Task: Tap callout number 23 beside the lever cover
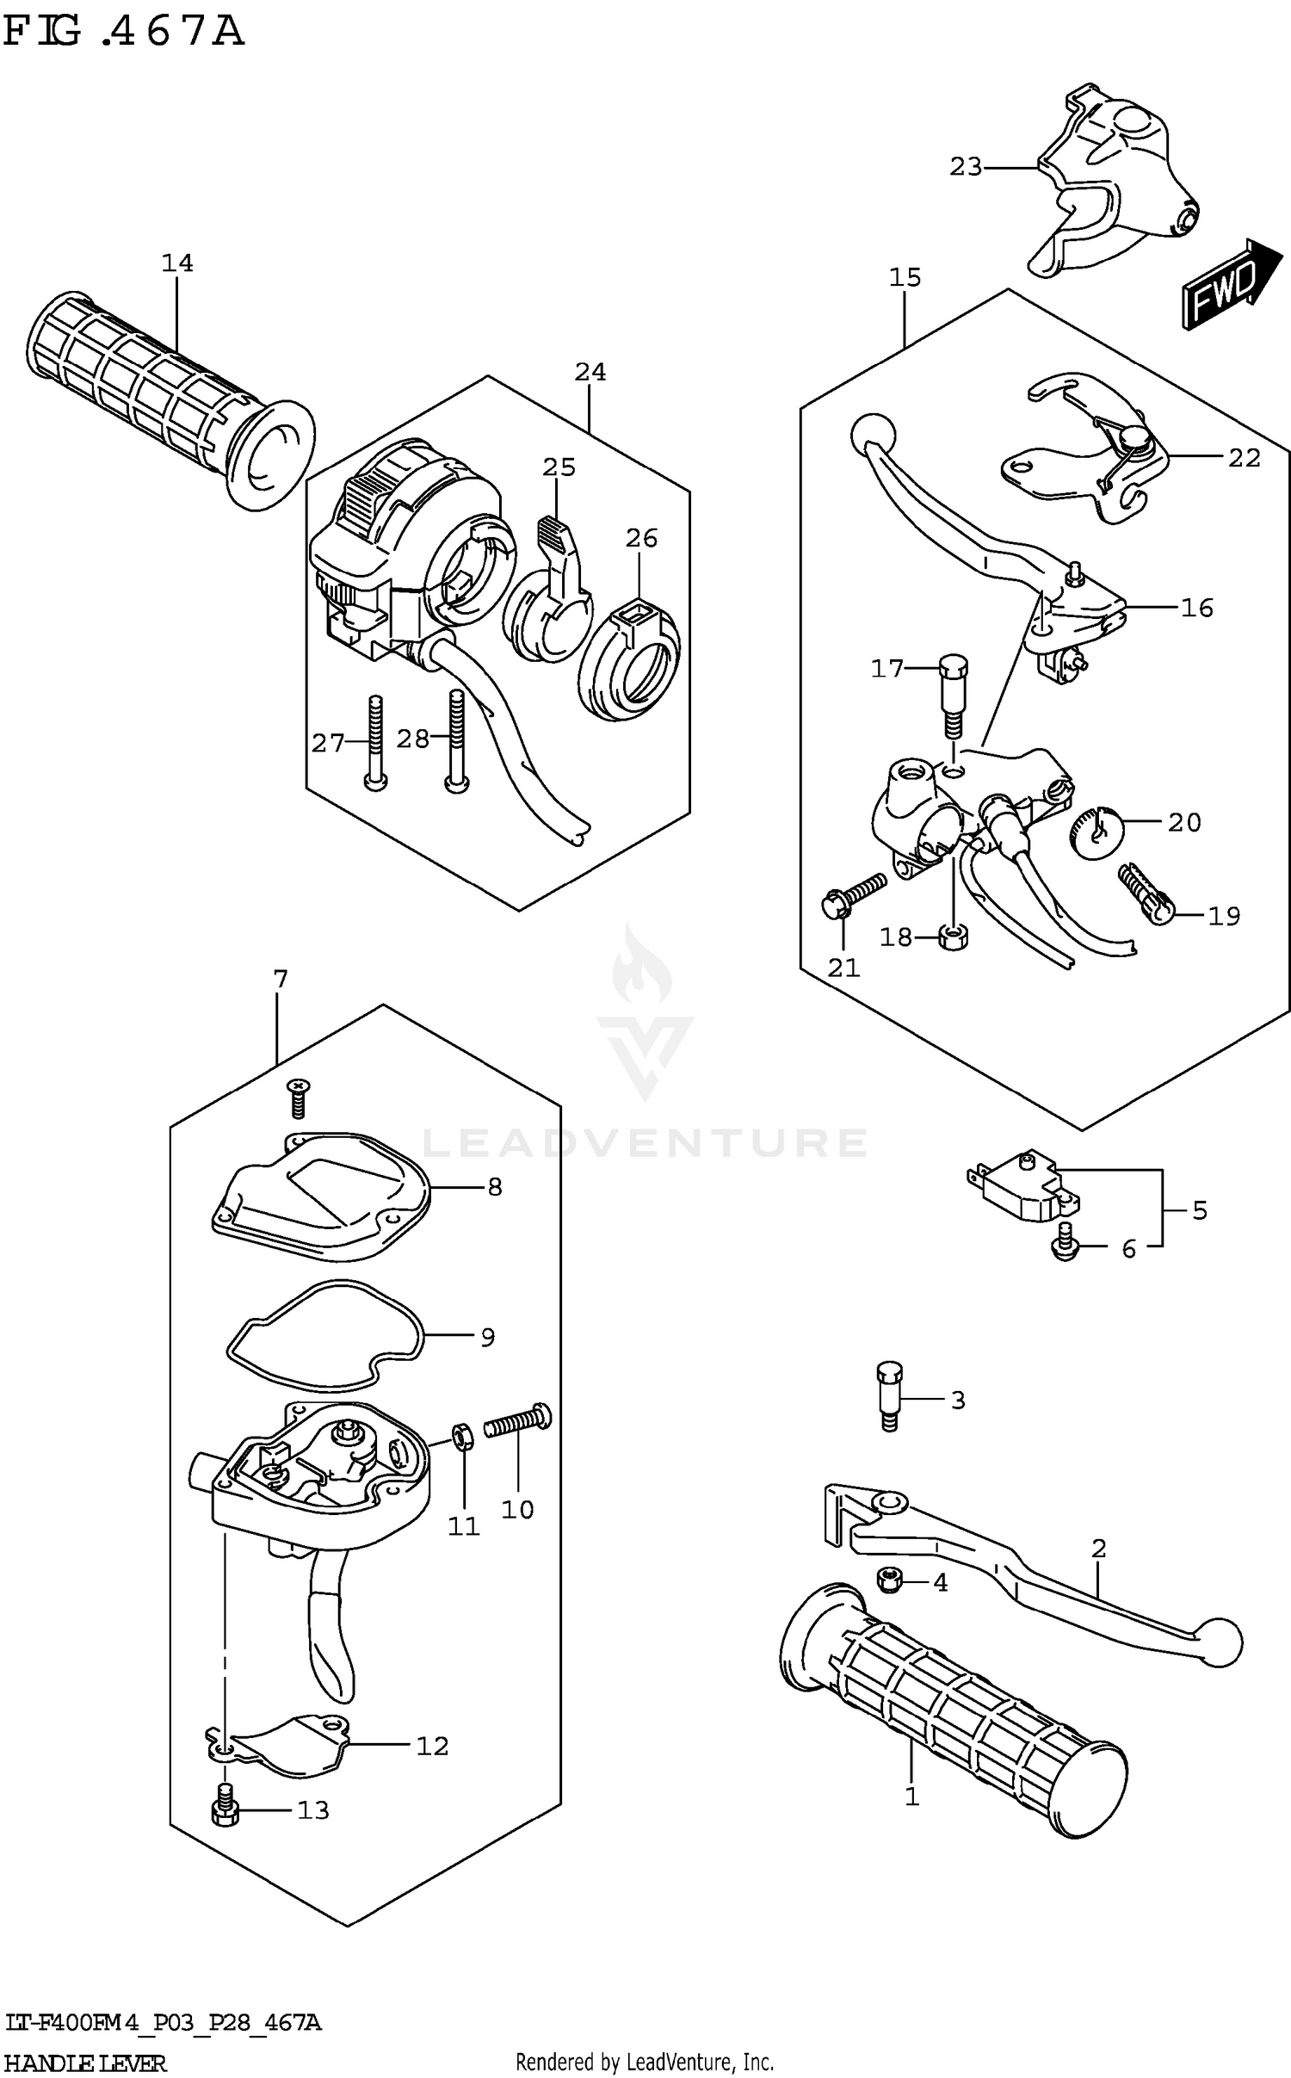[x=965, y=167]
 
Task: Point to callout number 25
[x=559, y=467]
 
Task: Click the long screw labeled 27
[x=375, y=740]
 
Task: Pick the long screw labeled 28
[x=455, y=740]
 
